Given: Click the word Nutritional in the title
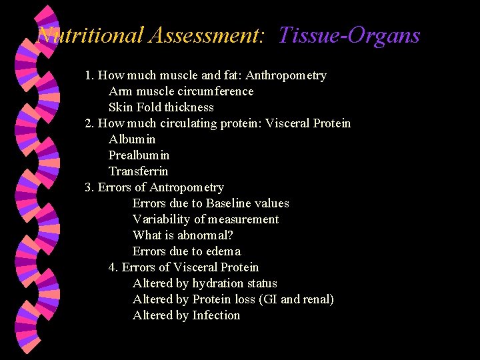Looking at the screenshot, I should [91, 35].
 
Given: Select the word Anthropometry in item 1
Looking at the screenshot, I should [287, 75].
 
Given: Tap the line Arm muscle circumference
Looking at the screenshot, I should [181, 91].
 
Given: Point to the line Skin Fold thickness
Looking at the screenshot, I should [161, 107].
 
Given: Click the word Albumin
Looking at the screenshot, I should [132, 139].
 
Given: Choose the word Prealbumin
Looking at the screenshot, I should [139, 155].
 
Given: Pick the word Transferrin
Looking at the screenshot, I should [138, 171].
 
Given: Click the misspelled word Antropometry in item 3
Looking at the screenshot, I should [187, 187].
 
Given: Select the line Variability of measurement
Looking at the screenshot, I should [205, 219].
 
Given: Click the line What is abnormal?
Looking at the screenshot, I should [183, 235].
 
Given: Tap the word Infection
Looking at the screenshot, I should [216, 315].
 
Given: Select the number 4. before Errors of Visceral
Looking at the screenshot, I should [113, 267].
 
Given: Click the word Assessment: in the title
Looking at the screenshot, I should [207, 35].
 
